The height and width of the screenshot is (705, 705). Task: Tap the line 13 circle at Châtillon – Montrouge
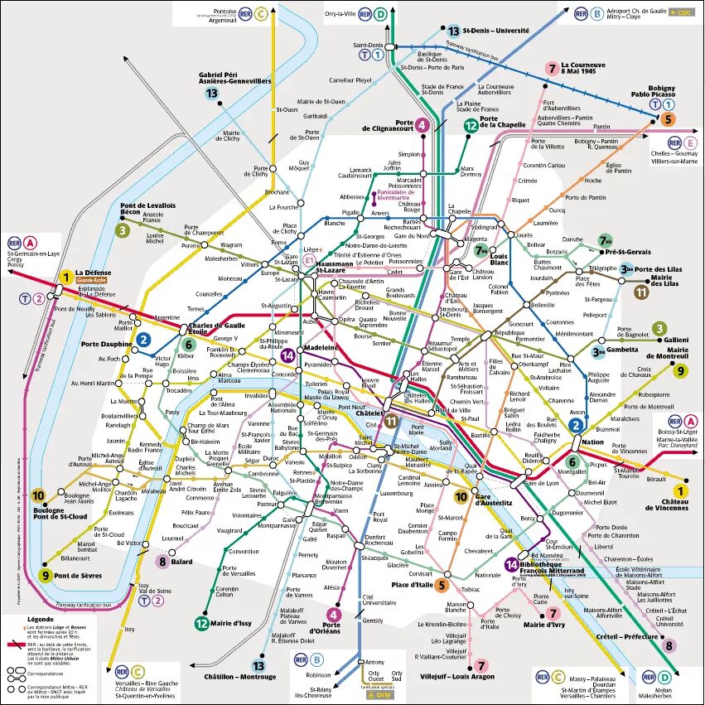[259, 665]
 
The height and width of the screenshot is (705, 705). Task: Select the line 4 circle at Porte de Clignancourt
[423, 125]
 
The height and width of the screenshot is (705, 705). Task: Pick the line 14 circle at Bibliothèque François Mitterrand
[512, 565]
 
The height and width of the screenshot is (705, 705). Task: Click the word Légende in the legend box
[40, 619]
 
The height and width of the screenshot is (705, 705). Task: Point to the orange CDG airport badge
[683, 12]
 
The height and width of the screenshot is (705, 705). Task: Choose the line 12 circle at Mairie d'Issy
[202, 624]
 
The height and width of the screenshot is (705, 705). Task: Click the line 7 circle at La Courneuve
[551, 69]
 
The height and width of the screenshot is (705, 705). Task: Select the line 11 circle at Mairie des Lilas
[641, 291]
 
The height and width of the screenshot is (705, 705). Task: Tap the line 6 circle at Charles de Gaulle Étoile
[188, 345]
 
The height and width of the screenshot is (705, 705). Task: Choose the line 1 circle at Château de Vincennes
[681, 490]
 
